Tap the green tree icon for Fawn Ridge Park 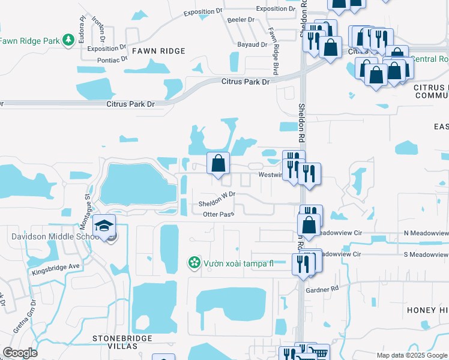(69, 40)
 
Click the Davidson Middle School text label (54, 236)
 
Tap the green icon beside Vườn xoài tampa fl (194, 262)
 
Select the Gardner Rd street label (322, 289)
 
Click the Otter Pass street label (218, 214)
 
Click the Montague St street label (86, 201)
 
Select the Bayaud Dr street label (252, 44)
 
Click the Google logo (20, 353)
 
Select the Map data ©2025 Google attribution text (412, 355)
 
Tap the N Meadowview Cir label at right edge (426, 232)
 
